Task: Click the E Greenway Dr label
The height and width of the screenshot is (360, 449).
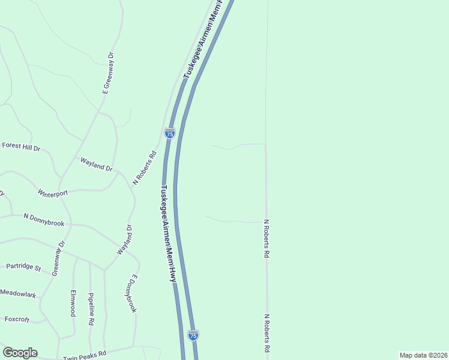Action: click(108, 74)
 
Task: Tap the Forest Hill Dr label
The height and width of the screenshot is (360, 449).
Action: click(20, 146)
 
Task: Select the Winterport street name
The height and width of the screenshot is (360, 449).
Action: click(53, 193)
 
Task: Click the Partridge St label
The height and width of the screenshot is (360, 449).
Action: click(23, 266)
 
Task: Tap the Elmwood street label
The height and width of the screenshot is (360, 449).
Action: click(73, 304)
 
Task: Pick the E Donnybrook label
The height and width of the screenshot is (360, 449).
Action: click(132, 293)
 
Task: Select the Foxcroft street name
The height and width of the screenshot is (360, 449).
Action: click(17, 319)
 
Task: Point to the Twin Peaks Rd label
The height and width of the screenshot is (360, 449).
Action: click(85, 355)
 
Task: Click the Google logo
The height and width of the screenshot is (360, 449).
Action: click(20, 353)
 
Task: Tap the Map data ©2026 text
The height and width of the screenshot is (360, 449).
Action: click(423, 355)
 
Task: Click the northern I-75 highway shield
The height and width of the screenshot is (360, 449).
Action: click(170, 134)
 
